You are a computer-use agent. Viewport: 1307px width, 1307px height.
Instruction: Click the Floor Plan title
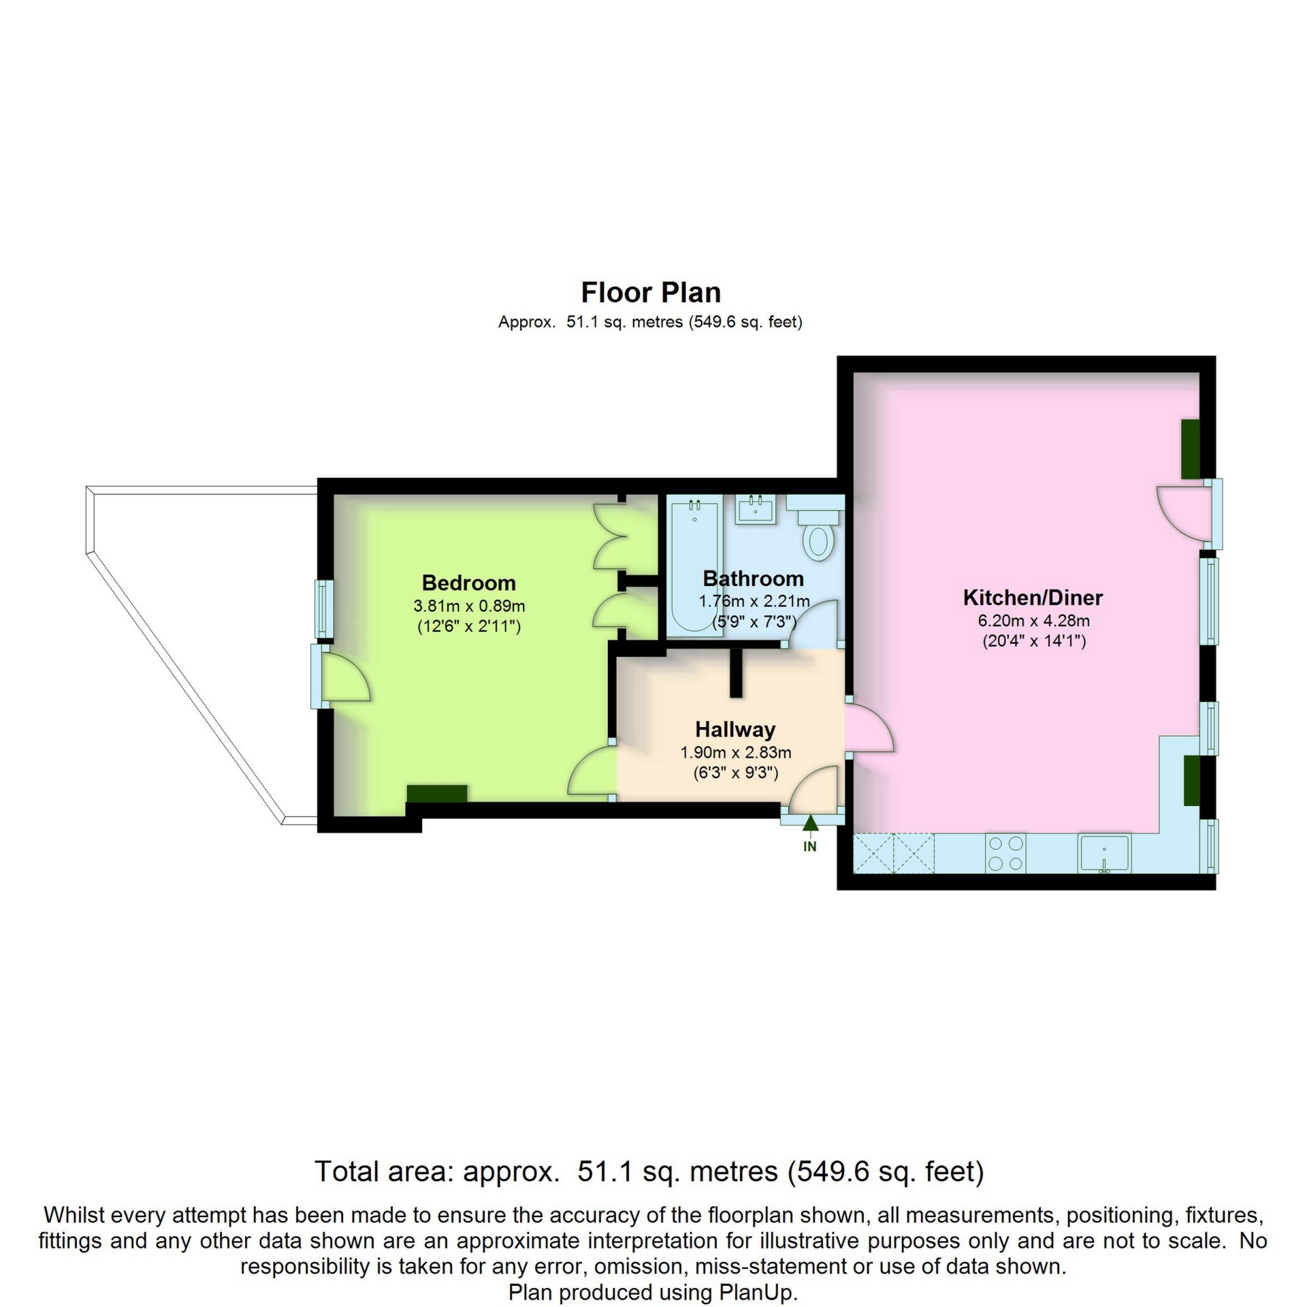point(651,292)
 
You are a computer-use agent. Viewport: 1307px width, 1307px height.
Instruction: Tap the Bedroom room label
point(468,583)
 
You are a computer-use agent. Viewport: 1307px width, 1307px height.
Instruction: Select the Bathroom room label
point(753,579)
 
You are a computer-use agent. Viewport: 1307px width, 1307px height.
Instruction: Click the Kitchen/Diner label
point(1033,598)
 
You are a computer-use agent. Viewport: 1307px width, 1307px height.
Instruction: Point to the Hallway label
point(735,730)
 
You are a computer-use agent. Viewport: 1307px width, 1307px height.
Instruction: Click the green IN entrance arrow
point(809,824)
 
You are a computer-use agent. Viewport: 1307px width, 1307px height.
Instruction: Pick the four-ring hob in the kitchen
point(1005,853)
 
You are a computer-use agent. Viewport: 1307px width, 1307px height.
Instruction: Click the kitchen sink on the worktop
point(1104,853)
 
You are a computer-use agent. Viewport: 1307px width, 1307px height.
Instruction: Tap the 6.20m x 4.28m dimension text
point(1033,621)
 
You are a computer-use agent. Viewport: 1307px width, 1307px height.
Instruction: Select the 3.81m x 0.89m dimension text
point(469,605)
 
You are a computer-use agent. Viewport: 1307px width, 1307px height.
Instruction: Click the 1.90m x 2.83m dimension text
point(735,752)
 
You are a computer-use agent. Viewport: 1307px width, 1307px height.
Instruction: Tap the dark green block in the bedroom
point(437,794)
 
